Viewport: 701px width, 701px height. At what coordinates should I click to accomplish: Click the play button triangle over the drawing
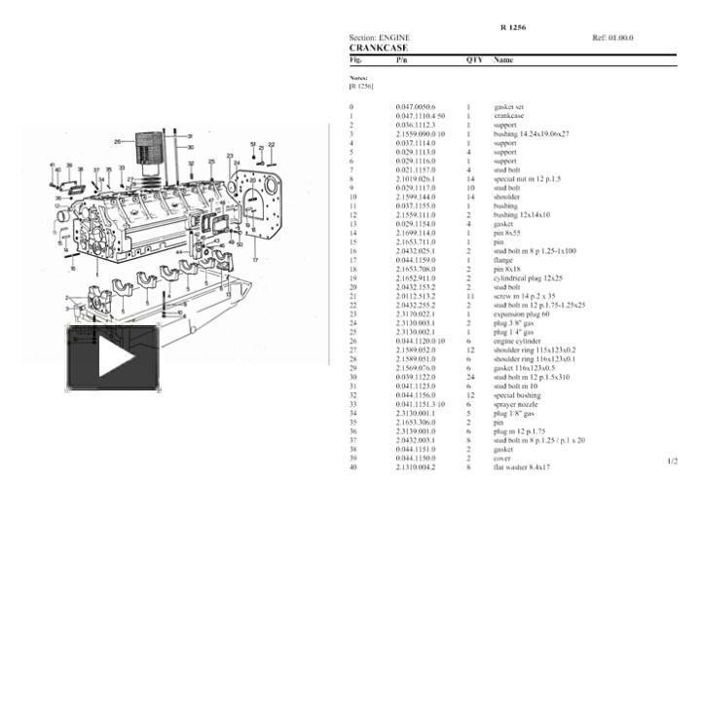[x=114, y=358]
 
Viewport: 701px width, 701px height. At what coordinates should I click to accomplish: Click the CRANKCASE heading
[x=379, y=47]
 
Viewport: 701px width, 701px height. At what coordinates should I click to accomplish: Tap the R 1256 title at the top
[x=512, y=27]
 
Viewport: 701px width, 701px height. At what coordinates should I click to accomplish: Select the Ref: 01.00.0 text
[x=612, y=38]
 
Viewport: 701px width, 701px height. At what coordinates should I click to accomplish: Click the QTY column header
[x=474, y=60]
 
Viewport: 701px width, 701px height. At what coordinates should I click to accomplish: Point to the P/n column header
[x=402, y=60]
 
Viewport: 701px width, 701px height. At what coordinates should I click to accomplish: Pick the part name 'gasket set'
[x=509, y=106]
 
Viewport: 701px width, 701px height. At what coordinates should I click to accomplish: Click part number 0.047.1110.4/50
[x=421, y=115]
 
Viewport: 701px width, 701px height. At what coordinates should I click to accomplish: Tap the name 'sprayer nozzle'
[x=514, y=404]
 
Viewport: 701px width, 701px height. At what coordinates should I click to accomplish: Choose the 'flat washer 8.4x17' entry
[x=522, y=467]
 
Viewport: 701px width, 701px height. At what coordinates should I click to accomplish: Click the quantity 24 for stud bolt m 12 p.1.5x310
[x=469, y=377]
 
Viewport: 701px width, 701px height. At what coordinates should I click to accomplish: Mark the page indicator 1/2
[x=672, y=461]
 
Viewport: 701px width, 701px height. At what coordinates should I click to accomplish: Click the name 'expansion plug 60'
[x=520, y=314]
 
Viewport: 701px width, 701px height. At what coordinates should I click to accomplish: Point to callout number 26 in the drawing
[x=117, y=141]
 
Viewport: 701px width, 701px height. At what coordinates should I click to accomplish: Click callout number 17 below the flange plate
[x=256, y=262]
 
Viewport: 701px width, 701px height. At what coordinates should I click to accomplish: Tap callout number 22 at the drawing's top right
[x=272, y=144]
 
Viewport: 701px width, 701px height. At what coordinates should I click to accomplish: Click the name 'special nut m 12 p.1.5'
[x=527, y=179]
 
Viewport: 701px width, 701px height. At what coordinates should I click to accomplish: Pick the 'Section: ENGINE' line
[x=380, y=38]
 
